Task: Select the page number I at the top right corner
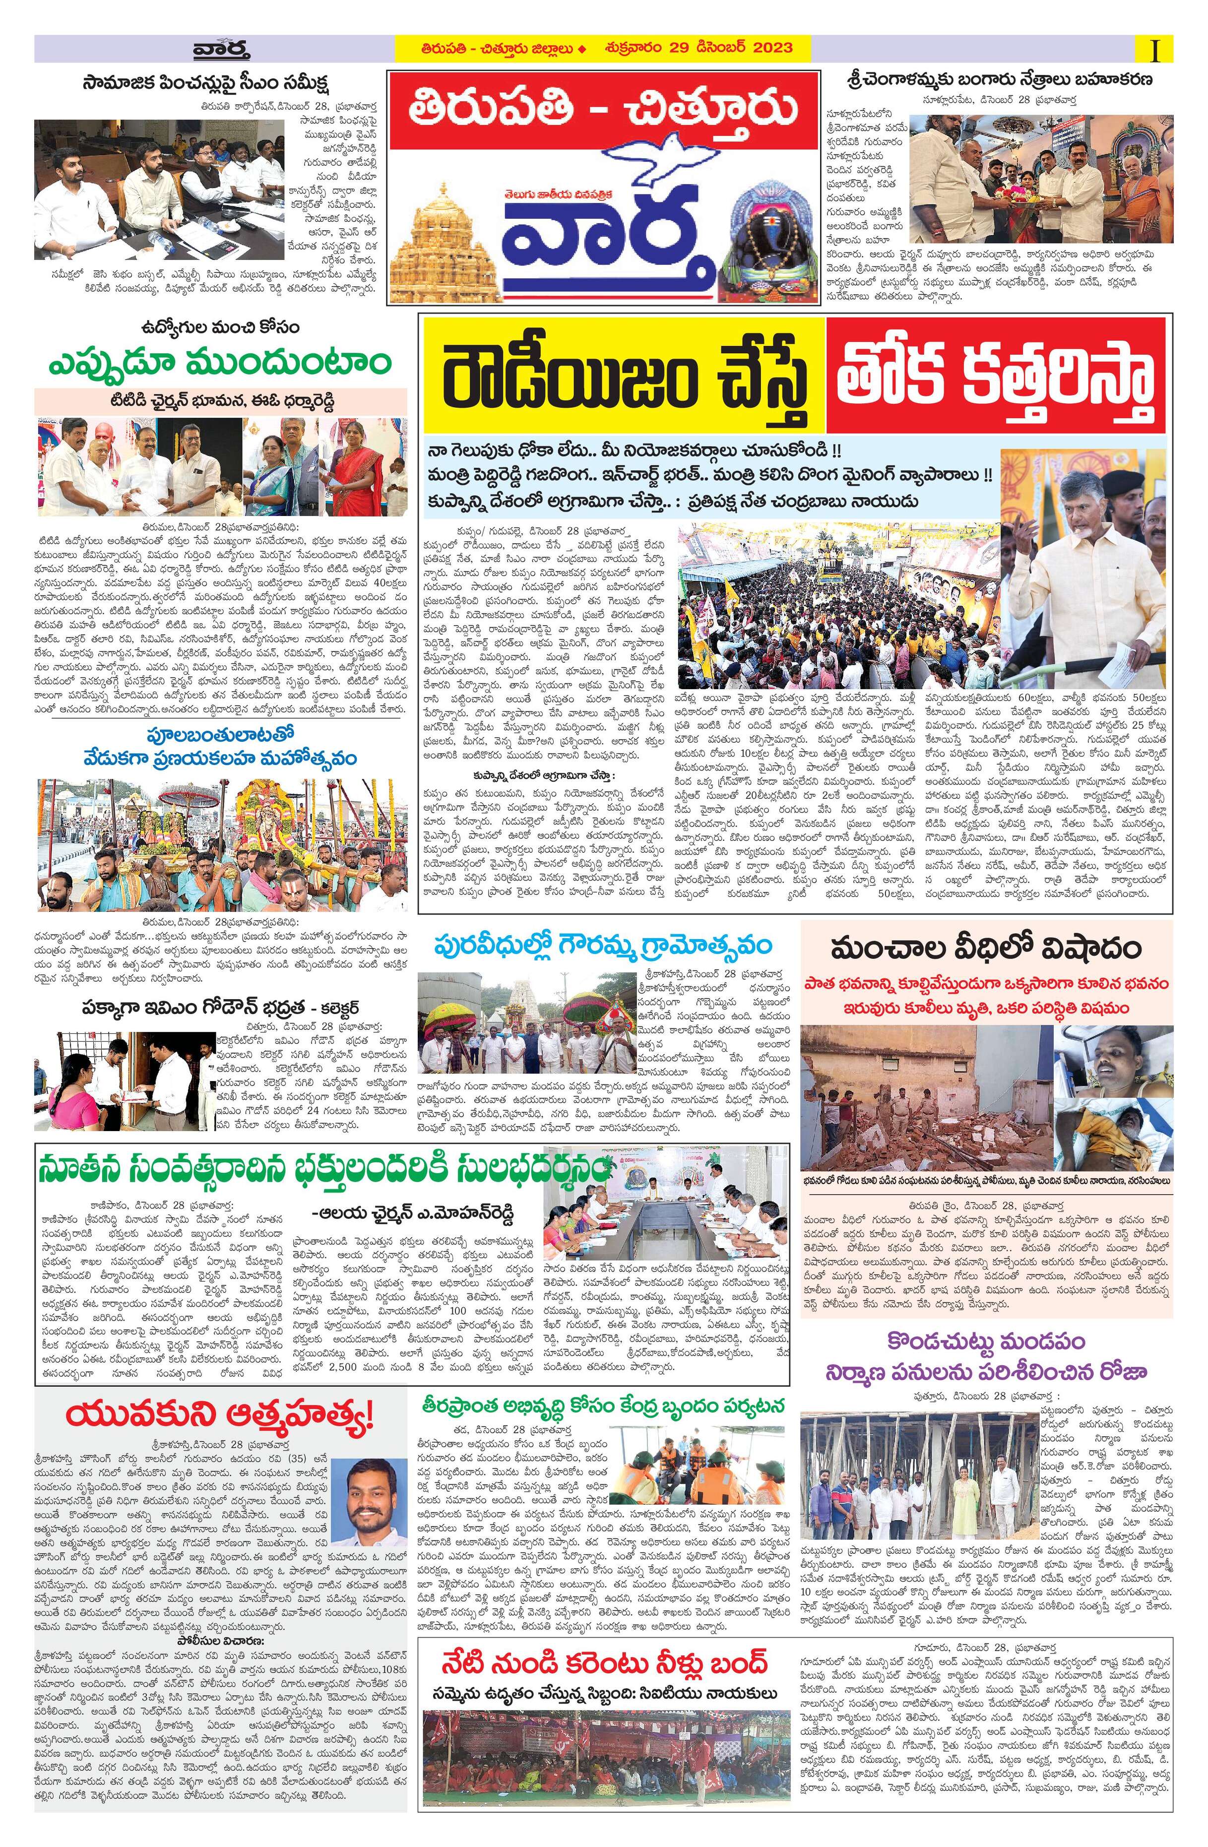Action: (1158, 51)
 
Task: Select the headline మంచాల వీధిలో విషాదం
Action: (985, 949)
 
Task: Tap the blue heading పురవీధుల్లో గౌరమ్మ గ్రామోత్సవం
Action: (604, 947)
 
